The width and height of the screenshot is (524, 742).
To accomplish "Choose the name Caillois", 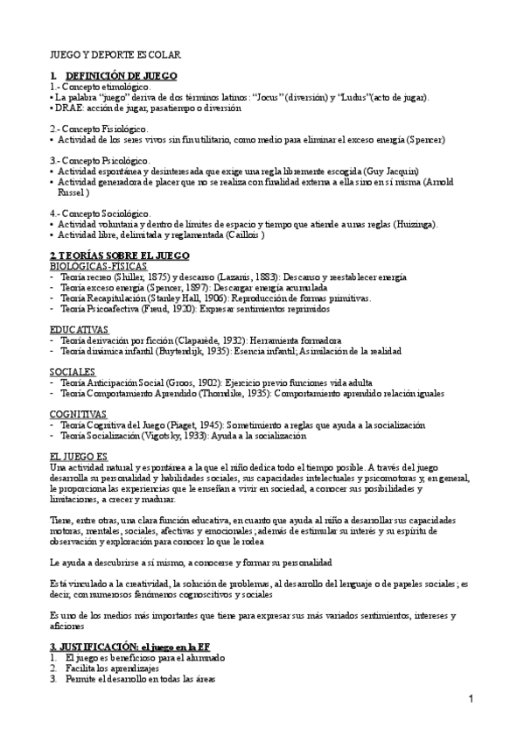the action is [x=237, y=234].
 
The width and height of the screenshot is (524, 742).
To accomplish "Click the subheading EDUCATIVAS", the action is [x=79, y=329].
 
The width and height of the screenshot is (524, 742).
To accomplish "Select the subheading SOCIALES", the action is [x=73, y=372].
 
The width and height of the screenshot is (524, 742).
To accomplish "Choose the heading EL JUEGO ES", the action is [x=78, y=457].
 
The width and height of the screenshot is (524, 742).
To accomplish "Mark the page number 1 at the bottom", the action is [x=471, y=699].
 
